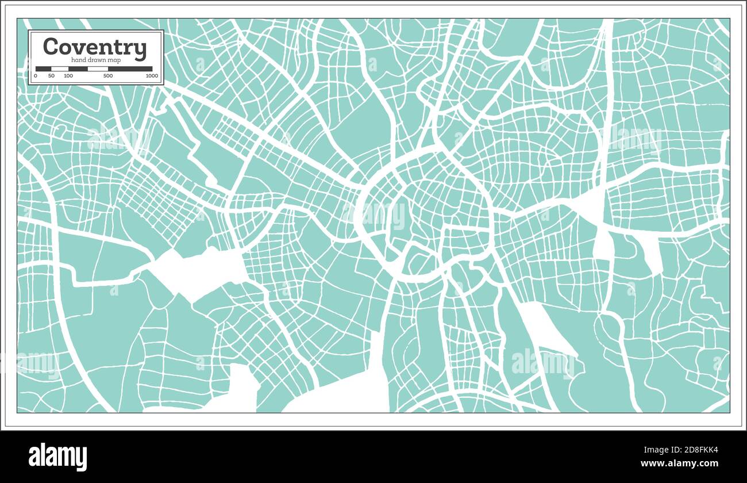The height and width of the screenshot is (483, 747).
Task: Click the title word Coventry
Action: tap(95, 47)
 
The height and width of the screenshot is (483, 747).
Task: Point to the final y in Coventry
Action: tap(141, 49)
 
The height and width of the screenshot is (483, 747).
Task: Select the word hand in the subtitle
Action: tap(79, 60)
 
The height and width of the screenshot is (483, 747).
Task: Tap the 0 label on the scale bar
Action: tap(36, 76)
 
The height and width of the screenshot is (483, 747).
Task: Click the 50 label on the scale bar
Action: tap(51, 76)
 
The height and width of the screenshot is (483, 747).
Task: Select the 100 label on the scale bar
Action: tap(68, 76)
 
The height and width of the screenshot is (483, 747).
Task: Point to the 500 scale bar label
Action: tap(108, 76)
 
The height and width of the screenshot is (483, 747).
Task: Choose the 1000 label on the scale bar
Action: tap(152, 76)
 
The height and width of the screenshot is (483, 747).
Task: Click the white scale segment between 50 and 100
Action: tap(60, 69)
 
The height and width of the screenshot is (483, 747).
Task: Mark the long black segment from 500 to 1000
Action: tap(130, 69)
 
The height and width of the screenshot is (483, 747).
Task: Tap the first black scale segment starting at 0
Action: tap(43, 69)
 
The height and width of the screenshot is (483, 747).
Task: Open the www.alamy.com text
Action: tap(679, 463)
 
